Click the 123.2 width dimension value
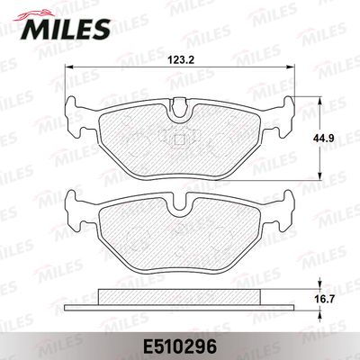point(181,60)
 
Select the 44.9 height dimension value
point(321,138)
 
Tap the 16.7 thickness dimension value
point(321,299)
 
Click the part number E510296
point(180,347)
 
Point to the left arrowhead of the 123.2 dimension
point(69,67)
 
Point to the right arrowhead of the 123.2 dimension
point(291,67)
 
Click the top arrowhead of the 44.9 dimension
point(320,101)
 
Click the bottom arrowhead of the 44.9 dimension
point(320,176)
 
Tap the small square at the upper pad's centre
point(179,139)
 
